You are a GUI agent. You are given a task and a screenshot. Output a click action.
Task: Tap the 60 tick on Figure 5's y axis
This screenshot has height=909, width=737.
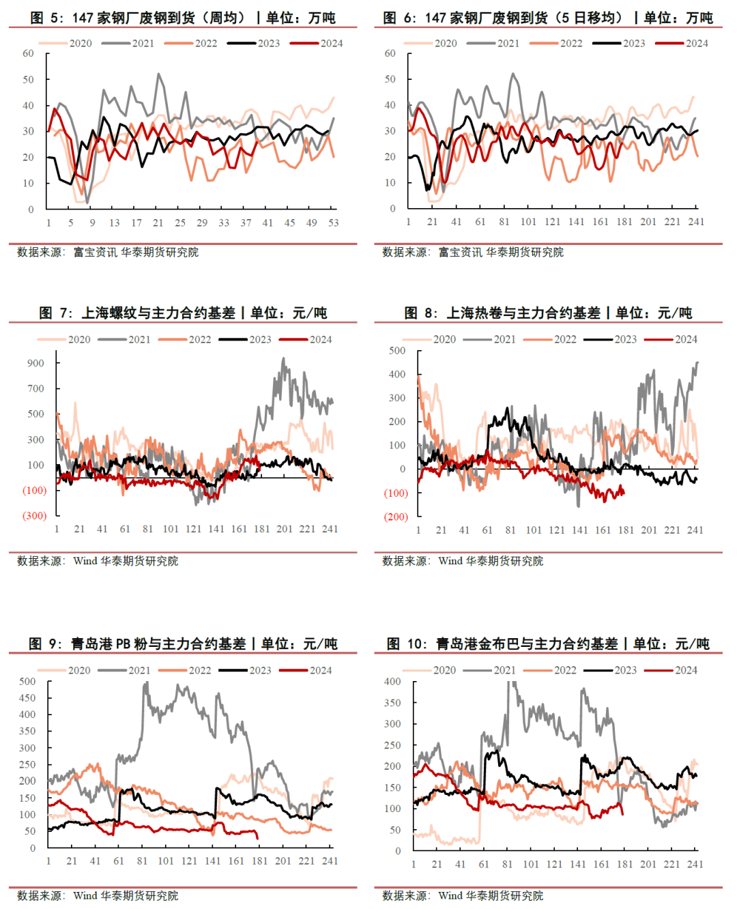tap(28, 53)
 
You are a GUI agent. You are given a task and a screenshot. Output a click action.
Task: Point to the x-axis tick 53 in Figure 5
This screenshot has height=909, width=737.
tap(333, 222)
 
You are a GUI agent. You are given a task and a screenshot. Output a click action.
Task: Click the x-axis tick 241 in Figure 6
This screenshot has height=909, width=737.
tap(695, 222)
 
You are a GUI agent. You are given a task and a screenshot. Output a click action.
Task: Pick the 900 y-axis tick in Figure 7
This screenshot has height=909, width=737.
tap(35, 363)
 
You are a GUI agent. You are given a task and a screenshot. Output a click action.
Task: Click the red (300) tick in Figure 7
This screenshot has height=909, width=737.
tap(35, 516)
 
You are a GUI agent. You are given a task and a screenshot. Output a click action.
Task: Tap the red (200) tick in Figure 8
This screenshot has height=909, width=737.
tap(396, 517)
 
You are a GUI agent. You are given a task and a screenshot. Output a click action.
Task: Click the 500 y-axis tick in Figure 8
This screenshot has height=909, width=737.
tap(396, 351)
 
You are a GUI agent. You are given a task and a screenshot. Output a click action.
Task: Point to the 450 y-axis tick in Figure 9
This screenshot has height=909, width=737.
tap(27, 698)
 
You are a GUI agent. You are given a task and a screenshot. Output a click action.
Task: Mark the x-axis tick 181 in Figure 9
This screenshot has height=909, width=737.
tap(259, 861)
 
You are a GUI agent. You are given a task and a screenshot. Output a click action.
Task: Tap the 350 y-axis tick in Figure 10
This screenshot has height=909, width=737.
tap(392, 703)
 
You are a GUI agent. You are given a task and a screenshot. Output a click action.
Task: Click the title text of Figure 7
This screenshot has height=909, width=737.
tap(183, 313)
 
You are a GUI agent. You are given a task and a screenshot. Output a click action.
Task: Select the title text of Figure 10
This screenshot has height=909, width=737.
tap(548, 644)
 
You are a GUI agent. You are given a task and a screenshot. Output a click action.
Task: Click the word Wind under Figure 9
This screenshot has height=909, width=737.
tap(85, 895)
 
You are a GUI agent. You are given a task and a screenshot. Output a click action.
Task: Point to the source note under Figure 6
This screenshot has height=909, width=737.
tap(473, 252)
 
